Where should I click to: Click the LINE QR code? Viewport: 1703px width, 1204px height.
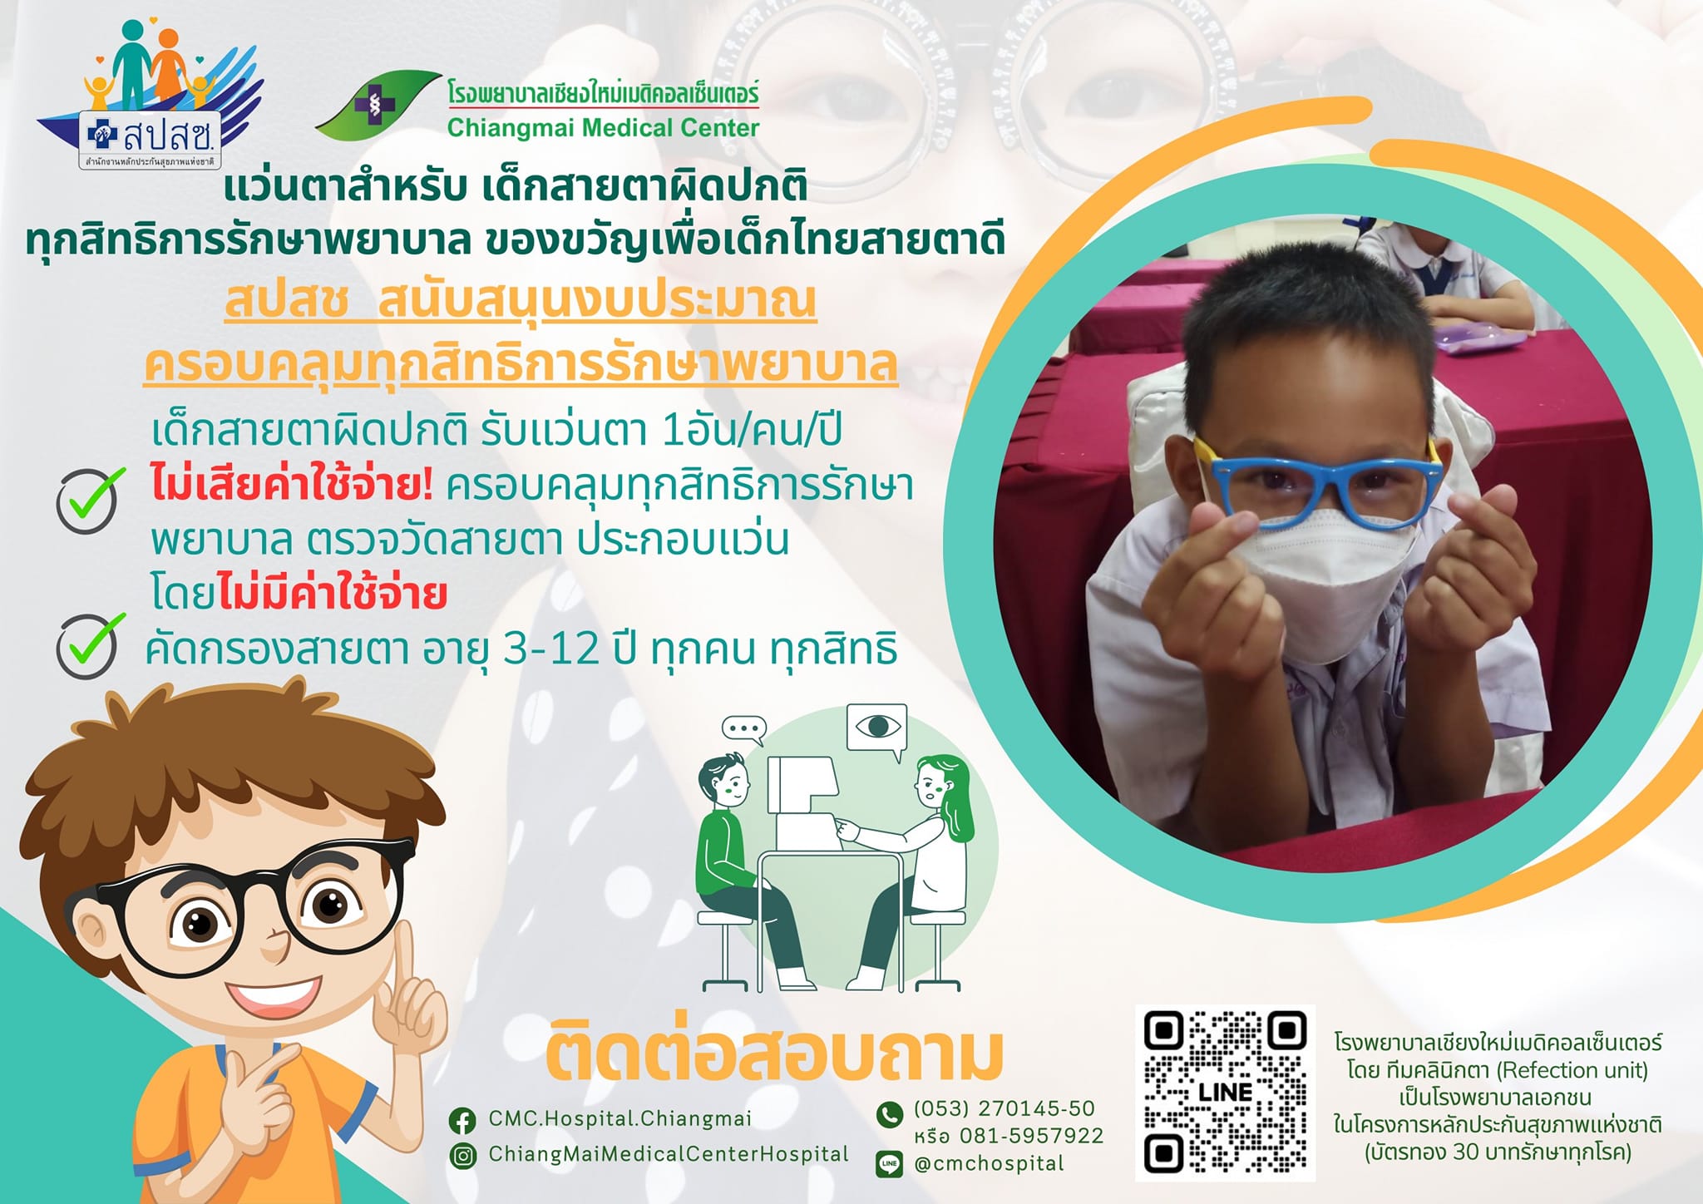pos(1225,1092)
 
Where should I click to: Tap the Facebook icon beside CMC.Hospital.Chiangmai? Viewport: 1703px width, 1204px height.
pos(462,1120)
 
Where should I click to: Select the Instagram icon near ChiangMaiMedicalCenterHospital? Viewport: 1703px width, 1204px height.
pos(462,1156)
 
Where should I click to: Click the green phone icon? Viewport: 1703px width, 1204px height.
pos(890,1114)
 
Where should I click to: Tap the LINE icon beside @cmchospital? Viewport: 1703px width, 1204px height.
pos(890,1164)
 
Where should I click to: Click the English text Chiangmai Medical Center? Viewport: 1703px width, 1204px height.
pos(603,128)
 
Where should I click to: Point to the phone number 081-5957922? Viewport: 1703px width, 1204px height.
pos(1032,1136)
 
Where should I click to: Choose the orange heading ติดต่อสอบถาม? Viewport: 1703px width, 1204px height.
pos(774,1053)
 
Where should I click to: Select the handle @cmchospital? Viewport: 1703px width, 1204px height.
pos(989,1164)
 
